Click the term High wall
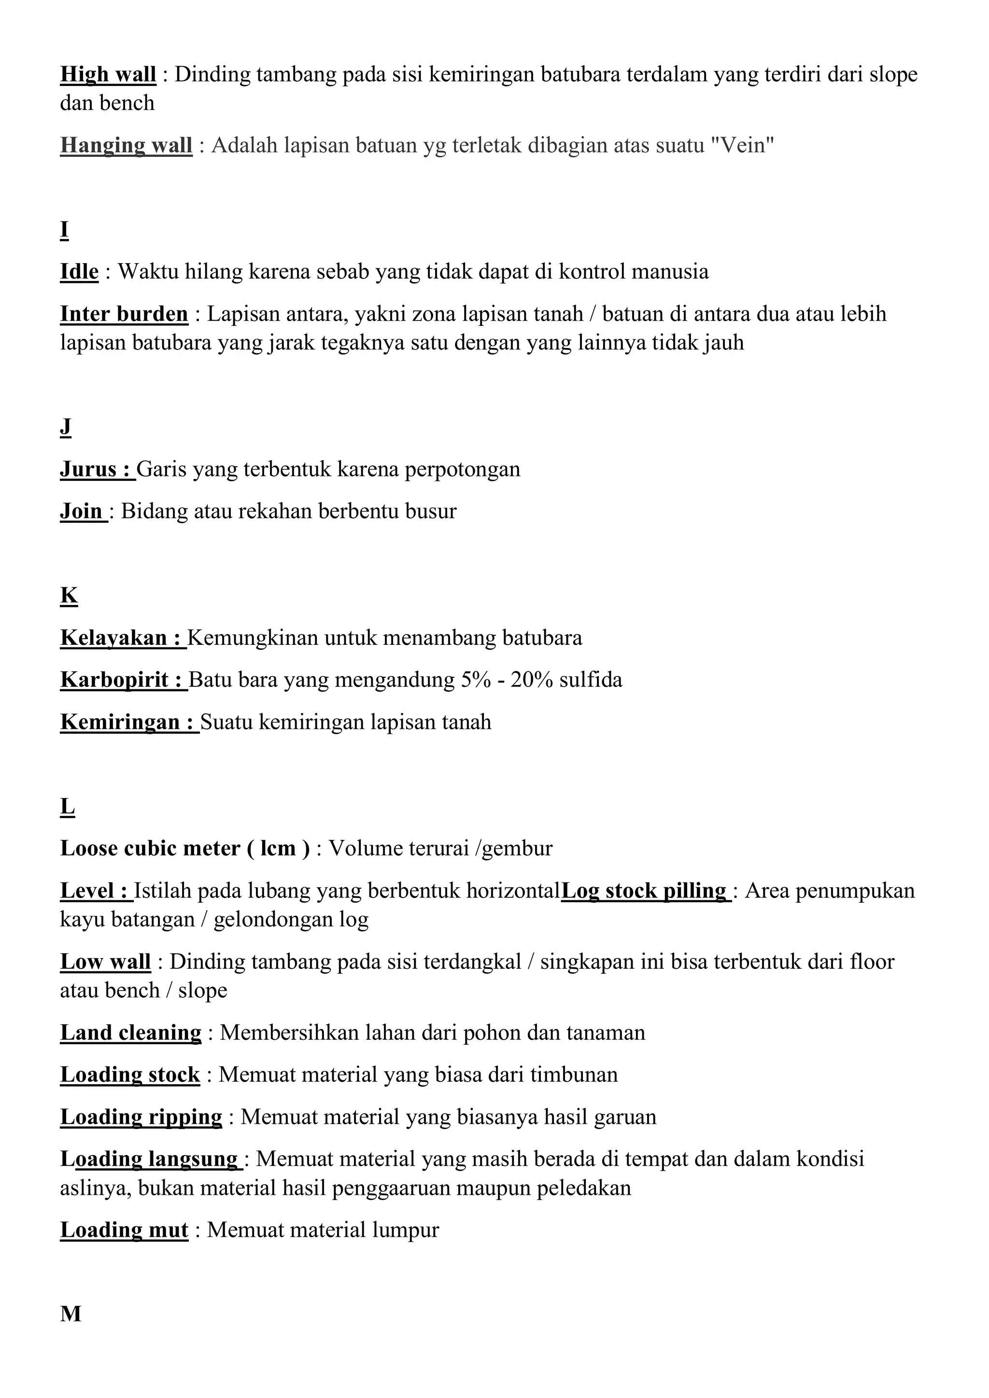point(108,74)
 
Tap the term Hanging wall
point(126,145)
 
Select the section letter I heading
point(64,230)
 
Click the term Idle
point(79,272)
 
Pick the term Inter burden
point(124,314)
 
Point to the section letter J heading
point(65,427)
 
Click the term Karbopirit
point(114,680)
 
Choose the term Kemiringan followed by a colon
point(120,722)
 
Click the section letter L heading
point(67,807)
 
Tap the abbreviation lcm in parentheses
point(278,849)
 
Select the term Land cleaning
point(130,1033)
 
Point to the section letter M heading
point(71,1314)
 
